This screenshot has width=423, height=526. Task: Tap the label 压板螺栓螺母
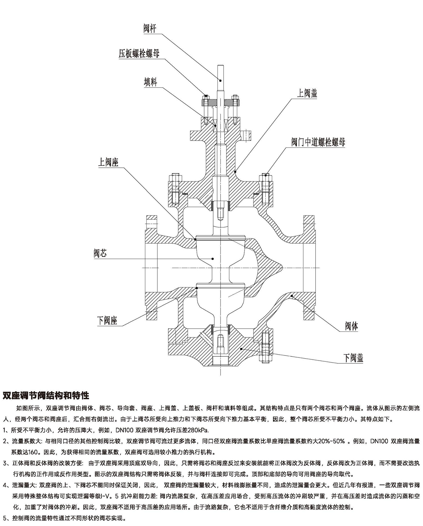[x=139, y=54]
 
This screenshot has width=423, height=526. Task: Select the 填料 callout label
[x=150, y=82]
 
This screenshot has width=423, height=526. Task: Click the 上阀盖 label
[x=307, y=93]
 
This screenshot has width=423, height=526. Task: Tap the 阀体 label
[x=351, y=326]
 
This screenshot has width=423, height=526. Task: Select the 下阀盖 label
[x=353, y=358]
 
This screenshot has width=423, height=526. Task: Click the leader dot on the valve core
[x=213, y=258]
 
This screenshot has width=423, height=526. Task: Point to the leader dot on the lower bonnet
[x=241, y=349]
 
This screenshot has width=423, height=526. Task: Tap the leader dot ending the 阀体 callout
[x=292, y=296]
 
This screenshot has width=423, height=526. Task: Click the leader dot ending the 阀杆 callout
[x=220, y=80]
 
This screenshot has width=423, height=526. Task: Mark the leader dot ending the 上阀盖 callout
[x=235, y=171]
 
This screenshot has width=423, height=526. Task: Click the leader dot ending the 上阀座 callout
[x=195, y=239]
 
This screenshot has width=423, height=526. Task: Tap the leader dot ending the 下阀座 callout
[x=197, y=288]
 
